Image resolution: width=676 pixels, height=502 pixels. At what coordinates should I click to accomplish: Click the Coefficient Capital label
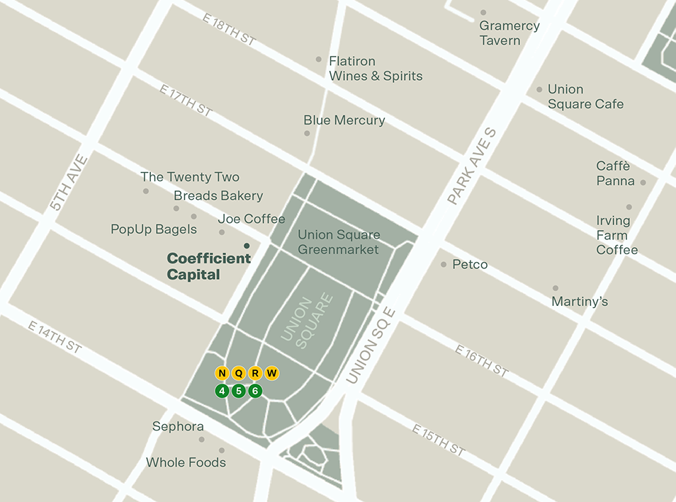point(208,266)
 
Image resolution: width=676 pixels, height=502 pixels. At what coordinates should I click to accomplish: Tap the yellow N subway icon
point(222,373)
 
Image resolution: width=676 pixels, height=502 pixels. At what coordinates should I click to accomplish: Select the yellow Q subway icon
point(239,373)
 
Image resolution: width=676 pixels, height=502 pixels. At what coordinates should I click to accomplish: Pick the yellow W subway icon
point(272,373)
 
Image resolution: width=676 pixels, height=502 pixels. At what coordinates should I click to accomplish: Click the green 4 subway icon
point(222,391)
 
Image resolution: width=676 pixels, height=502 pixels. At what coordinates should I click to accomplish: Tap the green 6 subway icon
point(255,391)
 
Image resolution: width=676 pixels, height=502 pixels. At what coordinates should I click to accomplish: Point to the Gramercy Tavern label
point(509,33)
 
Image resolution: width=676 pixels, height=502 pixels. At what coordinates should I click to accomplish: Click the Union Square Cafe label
point(585,96)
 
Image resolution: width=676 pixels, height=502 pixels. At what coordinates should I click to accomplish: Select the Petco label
point(470,265)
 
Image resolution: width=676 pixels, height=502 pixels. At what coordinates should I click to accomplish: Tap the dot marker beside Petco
point(444,265)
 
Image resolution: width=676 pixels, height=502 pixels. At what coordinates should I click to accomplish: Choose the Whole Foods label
point(186,462)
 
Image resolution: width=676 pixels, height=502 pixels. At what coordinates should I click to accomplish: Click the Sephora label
point(178,426)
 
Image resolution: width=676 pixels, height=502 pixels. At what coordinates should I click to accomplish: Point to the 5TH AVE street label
point(69,183)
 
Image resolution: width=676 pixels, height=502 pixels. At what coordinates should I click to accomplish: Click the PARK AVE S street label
point(473,167)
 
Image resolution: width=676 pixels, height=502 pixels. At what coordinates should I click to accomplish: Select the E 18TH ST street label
point(228,30)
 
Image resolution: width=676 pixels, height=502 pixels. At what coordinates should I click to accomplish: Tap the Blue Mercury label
point(344,120)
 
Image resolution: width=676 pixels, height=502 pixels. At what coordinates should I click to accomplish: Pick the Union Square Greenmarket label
point(338,241)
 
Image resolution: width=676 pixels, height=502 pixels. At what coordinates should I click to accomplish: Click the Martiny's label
point(580,302)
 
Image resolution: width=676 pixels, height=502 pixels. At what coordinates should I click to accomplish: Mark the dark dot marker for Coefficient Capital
point(247,246)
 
